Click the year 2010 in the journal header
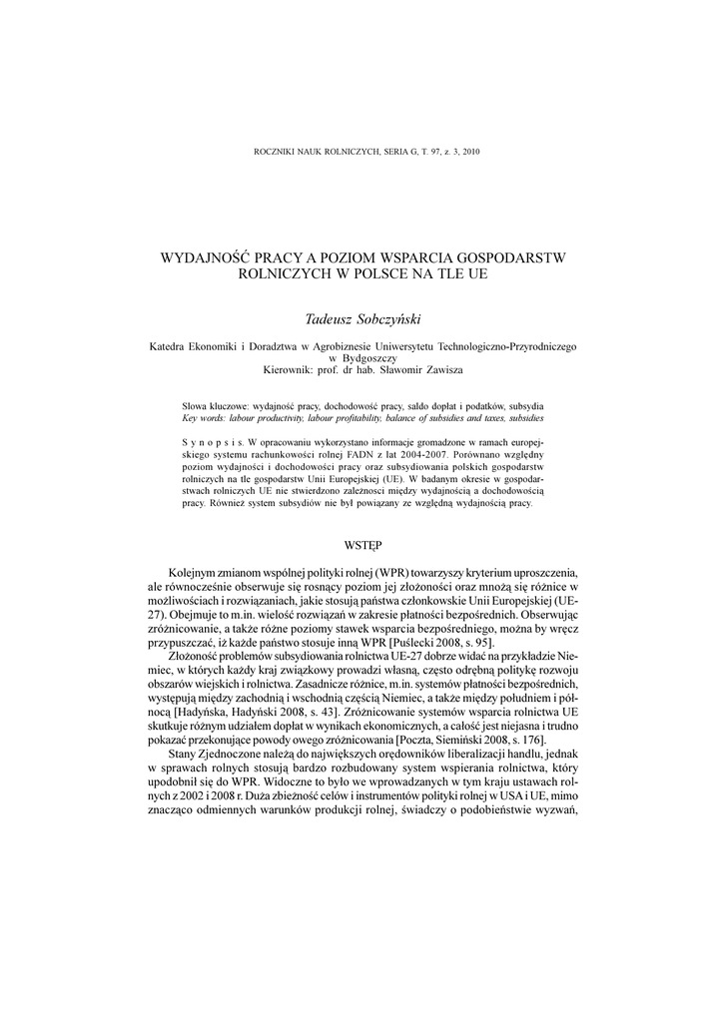(x=469, y=152)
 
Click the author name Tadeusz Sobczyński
(x=361, y=318)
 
